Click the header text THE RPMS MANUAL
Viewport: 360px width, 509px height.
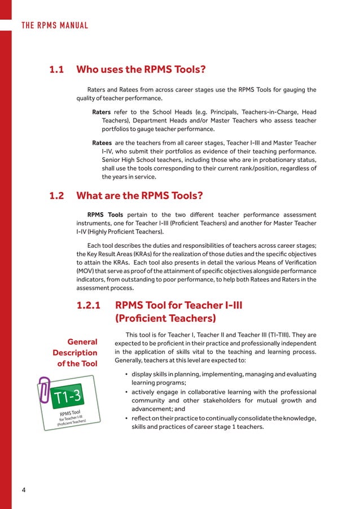click(x=55, y=25)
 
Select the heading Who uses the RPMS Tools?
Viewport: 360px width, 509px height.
click(x=141, y=70)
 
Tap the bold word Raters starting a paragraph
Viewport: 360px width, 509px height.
click(x=102, y=112)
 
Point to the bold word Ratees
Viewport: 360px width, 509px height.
click(x=102, y=143)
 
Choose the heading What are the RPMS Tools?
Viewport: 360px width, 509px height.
click(x=139, y=196)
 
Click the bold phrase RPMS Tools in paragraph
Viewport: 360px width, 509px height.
click(x=105, y=215)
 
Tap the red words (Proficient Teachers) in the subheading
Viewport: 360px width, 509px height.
click(x=165, y=318)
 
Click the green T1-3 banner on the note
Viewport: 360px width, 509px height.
click(x=68, y=398)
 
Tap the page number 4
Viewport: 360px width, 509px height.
click(x=24, y=489)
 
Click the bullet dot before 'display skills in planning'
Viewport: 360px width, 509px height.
click(x=125, y=375)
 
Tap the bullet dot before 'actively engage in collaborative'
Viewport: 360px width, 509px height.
click(x=125, y=392)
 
